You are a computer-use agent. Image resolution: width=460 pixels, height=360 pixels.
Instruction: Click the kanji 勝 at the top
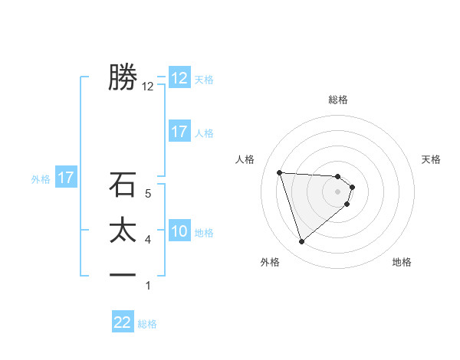click(123, 77)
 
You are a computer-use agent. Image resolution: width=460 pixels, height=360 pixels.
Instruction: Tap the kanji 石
click(123, 185)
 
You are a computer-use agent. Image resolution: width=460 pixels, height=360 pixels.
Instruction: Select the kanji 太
click(123, 231)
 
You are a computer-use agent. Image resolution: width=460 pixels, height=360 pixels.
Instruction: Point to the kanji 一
click(123, 275)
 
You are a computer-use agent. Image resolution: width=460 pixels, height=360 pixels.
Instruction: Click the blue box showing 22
click(123, 322)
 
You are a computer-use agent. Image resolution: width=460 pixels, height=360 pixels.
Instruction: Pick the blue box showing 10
click(179, 231)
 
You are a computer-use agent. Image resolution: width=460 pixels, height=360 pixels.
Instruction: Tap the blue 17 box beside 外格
click(66, 178)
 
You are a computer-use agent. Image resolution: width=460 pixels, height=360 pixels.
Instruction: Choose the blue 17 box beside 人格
click(179, 132)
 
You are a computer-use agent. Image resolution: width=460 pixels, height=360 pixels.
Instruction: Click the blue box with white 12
click(179, 78)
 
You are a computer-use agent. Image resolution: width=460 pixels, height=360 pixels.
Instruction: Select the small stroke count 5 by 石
click(148, 194)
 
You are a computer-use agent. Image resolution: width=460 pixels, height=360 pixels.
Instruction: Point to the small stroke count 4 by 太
click(148, 240)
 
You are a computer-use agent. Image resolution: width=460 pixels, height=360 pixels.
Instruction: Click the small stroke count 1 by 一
click(148, 286)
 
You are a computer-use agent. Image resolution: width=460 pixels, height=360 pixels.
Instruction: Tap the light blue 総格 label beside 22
click(147, 324)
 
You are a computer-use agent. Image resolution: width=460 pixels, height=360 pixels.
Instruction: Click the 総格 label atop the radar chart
click(338, 100)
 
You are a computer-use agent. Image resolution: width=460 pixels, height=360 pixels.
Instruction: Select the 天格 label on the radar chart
click(431, 159)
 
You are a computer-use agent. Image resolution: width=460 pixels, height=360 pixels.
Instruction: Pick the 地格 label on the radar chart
click(402, 262)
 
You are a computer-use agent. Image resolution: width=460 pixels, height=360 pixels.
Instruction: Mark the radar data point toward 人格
click(279, 172)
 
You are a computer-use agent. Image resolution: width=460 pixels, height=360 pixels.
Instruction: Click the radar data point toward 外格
click(301, 242)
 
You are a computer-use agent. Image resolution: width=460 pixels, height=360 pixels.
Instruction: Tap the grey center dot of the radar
click(338, 201)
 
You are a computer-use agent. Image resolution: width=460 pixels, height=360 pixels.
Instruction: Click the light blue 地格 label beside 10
click(204, 233)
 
